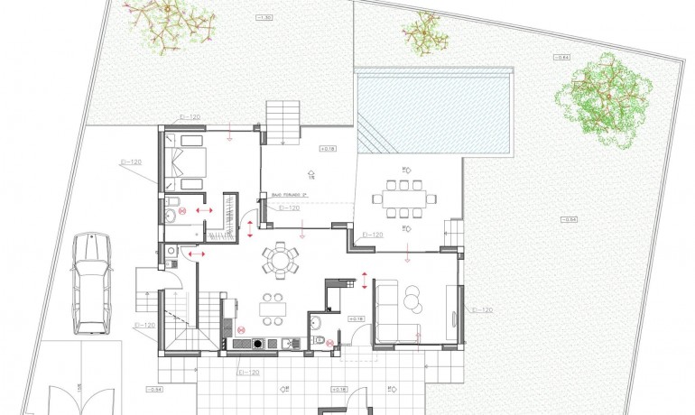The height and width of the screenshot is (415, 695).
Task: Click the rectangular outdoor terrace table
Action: pyautogui.click(x=403, y=198)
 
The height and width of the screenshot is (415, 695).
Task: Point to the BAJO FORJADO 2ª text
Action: pyautogui.click(x=289, y=193)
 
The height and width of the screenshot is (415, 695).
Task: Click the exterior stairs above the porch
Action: pyautogui.click(x=283, y=119)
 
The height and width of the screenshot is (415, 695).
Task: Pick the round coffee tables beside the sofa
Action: pyautogui.click(x=412, y=299)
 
